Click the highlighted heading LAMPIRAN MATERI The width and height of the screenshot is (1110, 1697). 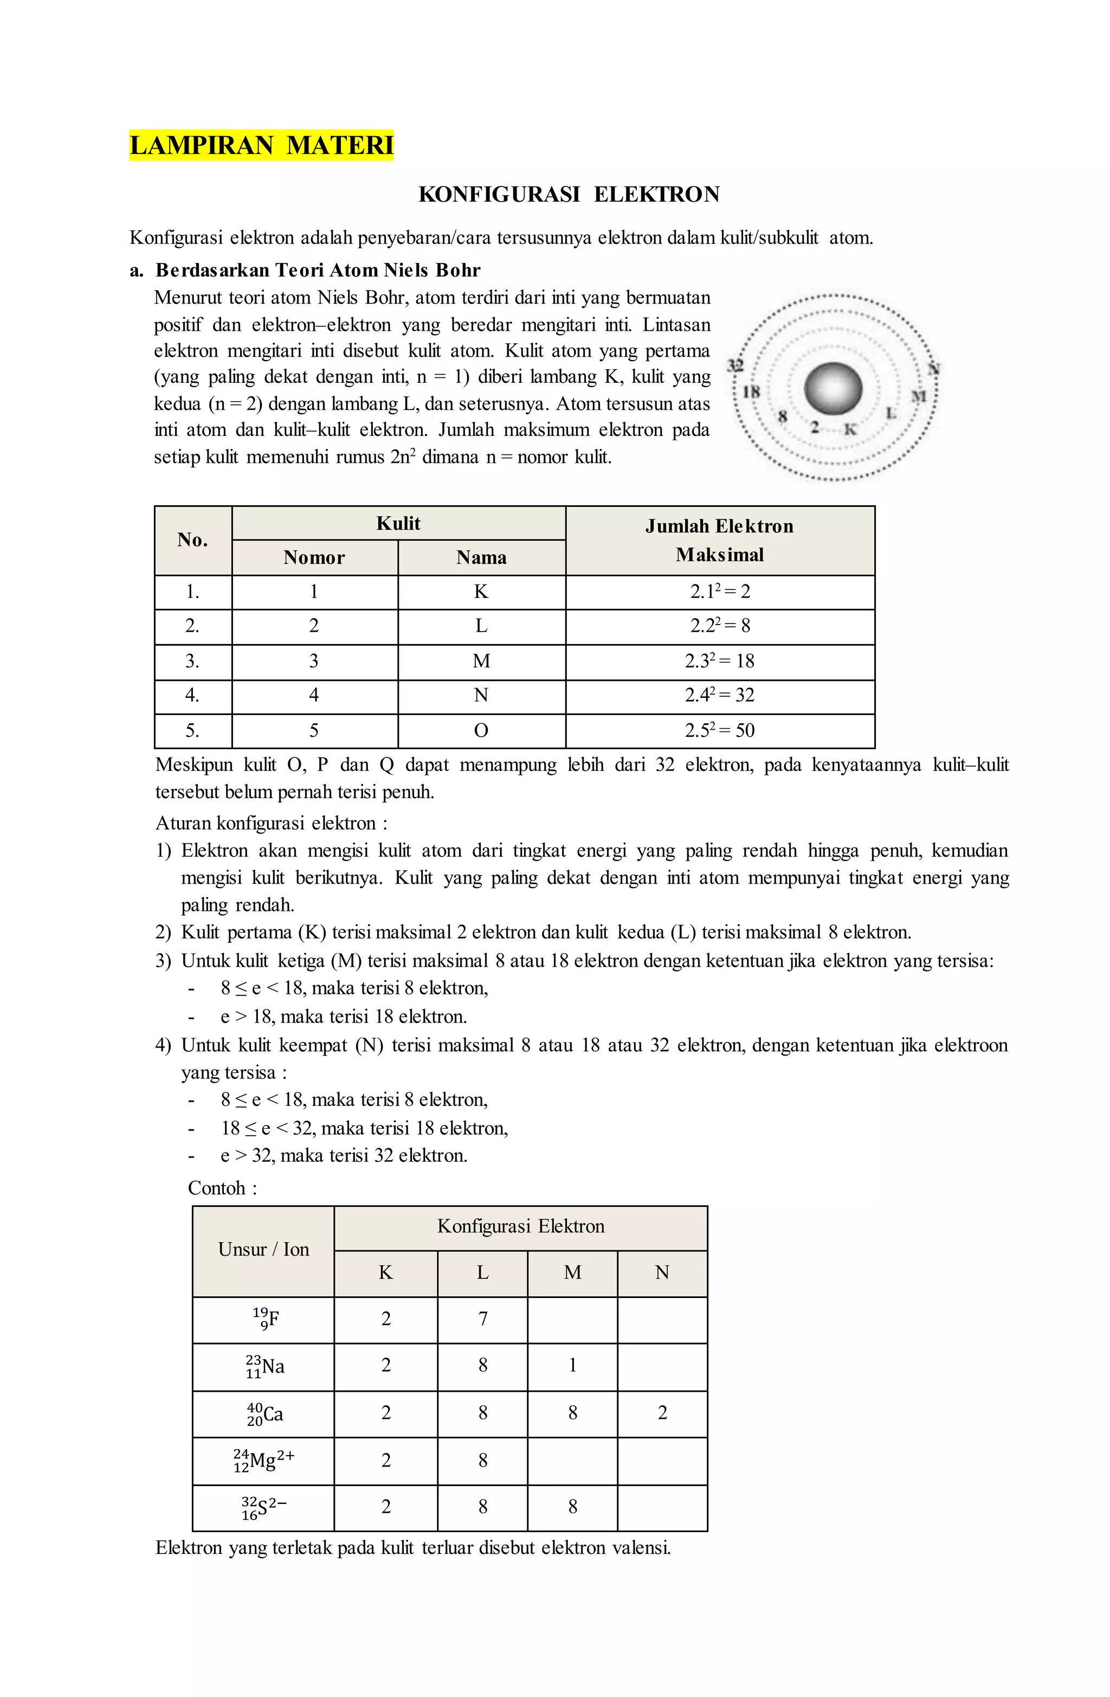pyautogui.click(x=261, y=145)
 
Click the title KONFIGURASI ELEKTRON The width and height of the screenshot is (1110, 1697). pyautogui.click(x=568, y=194)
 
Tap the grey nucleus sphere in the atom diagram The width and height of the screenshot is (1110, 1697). pyautogui.click(x=832, y=389)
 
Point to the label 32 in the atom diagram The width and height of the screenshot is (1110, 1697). pyautogui.click(x=735, y=365)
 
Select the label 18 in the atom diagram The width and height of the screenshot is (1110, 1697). pyautogui.click(x=751, y=391)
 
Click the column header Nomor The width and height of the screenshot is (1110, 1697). pyautogui.click(x=314, y=557)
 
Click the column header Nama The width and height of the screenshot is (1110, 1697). pyautogui.click(x=481, y=557)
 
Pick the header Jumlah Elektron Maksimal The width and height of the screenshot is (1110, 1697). pyautogui.click(x=719, y=541)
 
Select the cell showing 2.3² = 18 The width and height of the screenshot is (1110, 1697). pyautogui.click(x=719, y=661)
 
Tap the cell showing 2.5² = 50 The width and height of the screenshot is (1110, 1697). pyautogui.click(x=719, y=730)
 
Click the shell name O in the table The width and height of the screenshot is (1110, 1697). pyautogui.click(x=481, y=730)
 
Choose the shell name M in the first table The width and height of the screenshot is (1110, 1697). pyautogui.click(x=481, y=661)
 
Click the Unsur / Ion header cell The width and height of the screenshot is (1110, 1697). pyautogui.click(x=263, y=1249)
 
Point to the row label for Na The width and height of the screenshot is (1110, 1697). pyautogui.click(x=264, y=1366)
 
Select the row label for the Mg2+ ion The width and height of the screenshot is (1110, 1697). pyautogui.click(x=263, y=1460)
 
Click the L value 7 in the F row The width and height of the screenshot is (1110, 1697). pyautogui.click(x=482, y=1319)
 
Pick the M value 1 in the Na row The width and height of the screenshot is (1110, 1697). pyautogui.click(x=572, y=1365)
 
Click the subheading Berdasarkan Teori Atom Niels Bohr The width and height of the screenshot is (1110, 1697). pyautogui.click(x=318, y=270)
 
